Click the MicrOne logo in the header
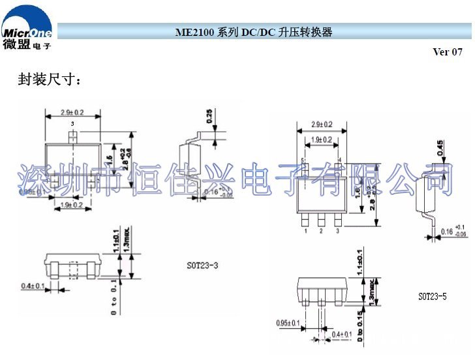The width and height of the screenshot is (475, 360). [27, 29]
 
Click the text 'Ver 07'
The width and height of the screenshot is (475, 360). [447, 52]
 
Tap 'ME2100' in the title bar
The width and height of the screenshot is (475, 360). [194, 32]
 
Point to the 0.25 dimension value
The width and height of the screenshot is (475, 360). [208, 115]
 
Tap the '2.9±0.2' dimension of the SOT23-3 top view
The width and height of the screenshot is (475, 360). [72, 112]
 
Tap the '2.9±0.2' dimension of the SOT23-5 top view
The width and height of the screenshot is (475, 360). [321, 124]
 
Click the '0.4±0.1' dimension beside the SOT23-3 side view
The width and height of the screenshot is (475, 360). [33, 286]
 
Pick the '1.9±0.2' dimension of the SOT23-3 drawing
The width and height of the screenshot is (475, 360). [72, 205]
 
